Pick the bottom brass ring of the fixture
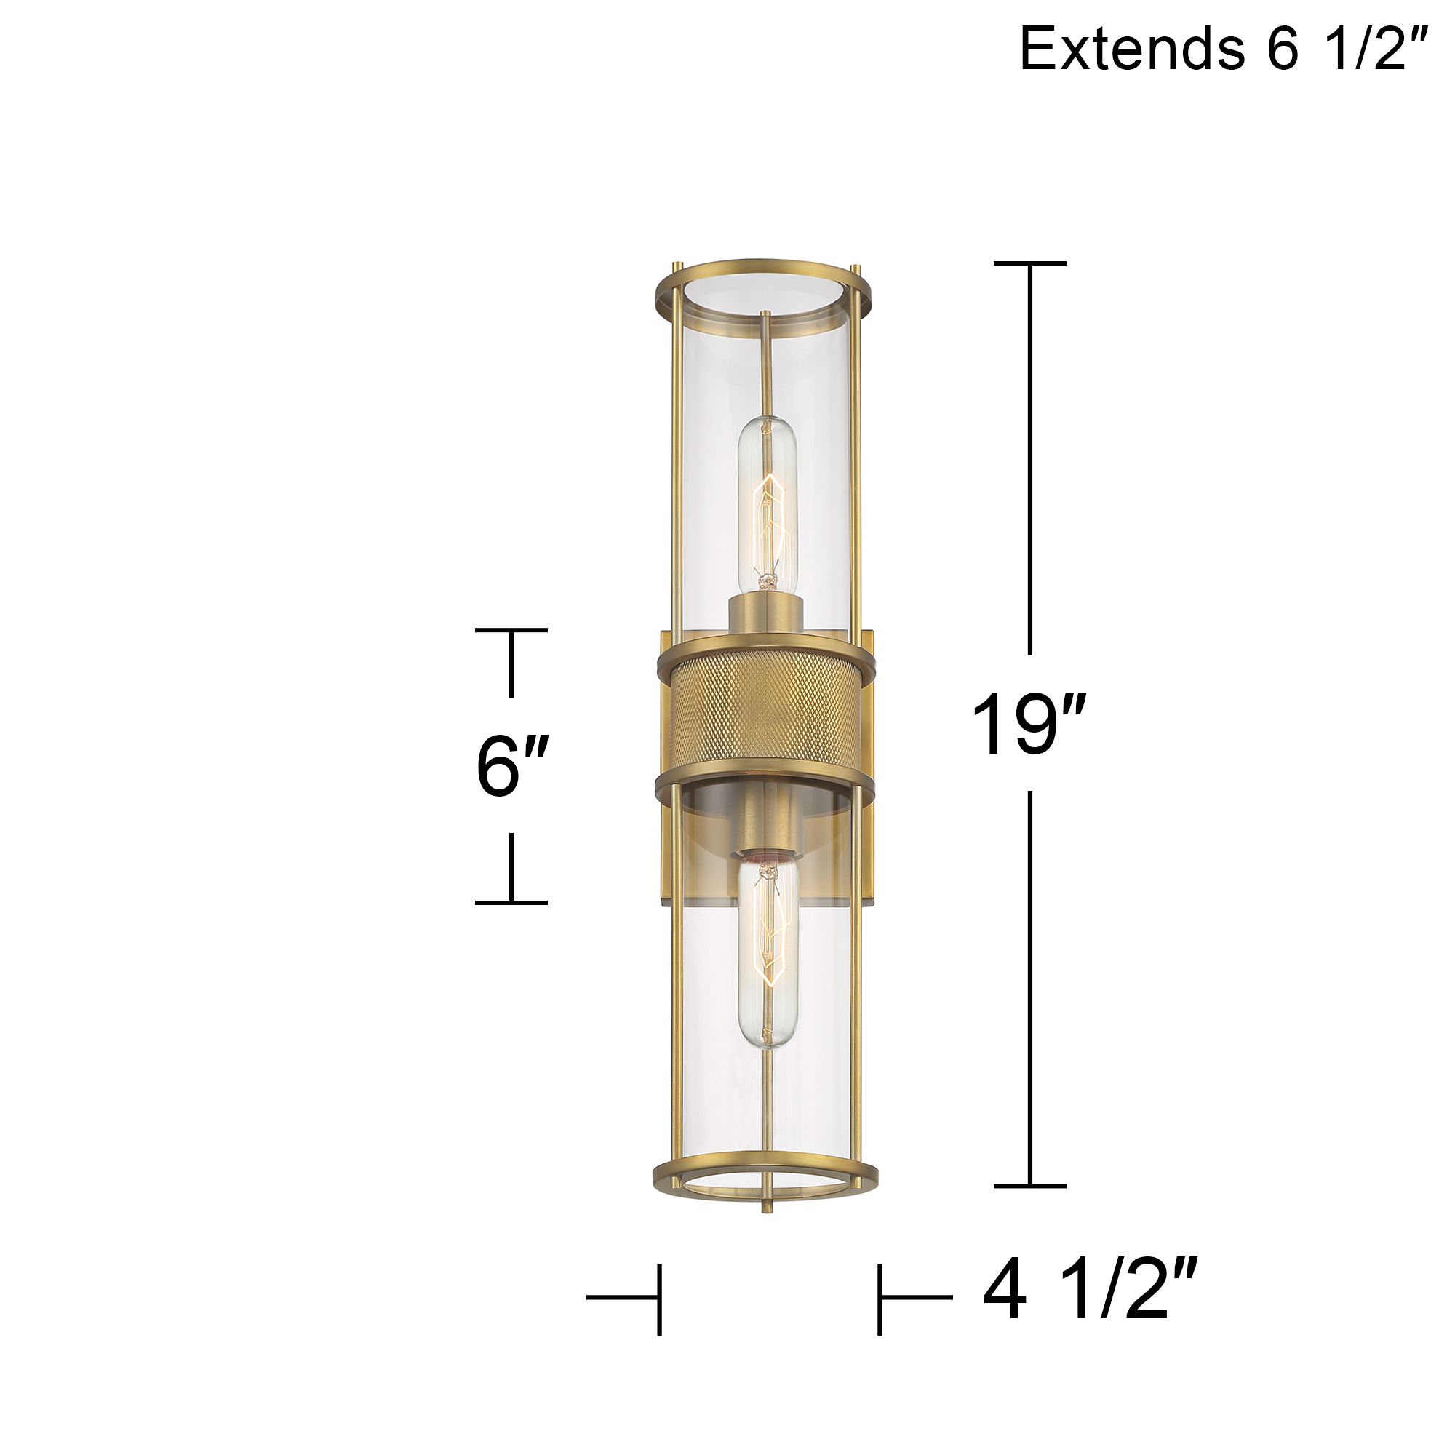coord(765,1174)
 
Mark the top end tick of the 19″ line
coord(1029,263)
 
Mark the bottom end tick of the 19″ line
coord(1029,1186)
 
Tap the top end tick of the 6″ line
coord(511,629)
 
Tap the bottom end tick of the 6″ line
coord(511,901)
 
